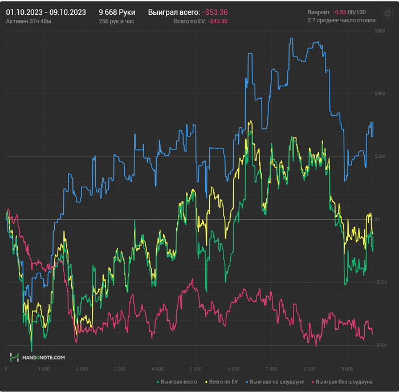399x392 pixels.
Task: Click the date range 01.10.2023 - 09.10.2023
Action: pos(46,12)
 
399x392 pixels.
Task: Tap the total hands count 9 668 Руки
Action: pos(117,12)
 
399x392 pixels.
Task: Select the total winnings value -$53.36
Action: pos(215,12)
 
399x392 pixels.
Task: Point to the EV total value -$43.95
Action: pos(218,21)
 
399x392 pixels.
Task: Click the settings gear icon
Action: pos(388,13)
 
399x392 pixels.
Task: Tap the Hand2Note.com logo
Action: pos(37,357)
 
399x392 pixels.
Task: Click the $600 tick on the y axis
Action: pos(378,31)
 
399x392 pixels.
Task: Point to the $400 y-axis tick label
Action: pos(378,94)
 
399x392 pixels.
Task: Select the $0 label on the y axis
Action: pos(377,219)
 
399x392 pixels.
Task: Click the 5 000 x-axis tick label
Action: pos(196,369)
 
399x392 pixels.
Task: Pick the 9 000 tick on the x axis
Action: pos(347,369)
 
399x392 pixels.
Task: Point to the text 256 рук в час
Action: pos(116,21)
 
